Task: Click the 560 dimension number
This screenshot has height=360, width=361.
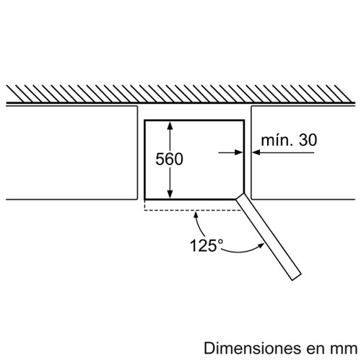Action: point(169,159)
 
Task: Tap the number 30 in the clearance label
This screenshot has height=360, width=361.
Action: point(308,140)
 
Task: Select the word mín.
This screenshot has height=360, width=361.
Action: point(277,140)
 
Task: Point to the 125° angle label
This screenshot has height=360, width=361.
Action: point(206,245)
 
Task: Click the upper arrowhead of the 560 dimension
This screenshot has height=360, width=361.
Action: point(170,126)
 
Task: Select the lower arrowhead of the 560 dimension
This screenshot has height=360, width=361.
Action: point(170,194)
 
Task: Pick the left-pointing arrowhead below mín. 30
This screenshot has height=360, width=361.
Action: point(256,152)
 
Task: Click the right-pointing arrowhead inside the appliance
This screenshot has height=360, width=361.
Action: point(239,152)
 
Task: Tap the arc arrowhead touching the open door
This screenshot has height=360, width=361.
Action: point(261,245)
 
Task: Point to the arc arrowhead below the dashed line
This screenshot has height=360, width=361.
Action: point(196,215)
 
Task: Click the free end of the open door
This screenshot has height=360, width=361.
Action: point(297,277)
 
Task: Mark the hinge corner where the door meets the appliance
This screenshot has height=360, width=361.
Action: point(244,193)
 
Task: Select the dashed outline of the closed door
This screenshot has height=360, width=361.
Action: point(193,210)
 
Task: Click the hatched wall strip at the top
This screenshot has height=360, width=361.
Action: point(180,94)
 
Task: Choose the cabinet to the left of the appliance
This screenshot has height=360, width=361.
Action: point(71,152)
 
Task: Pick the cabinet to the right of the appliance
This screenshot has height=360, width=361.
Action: point(303,152)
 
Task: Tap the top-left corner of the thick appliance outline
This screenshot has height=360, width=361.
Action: point(144,120)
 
